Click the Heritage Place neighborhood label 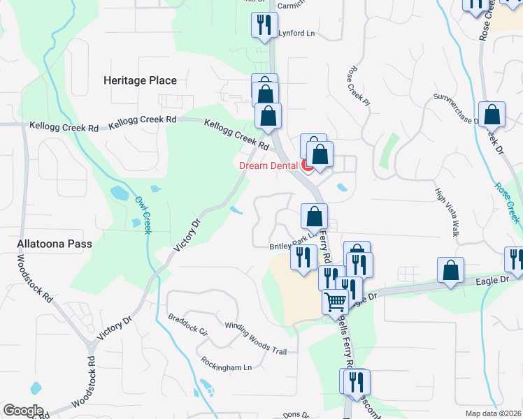coord(140,80)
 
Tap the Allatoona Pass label coord(55,245)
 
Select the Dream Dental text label coord(268,166)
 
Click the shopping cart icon coord(336,302)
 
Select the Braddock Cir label coord(188,326)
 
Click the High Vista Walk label coord(446,212)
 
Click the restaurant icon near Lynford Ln coord(265,26)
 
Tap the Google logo coord(23,411)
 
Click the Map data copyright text coord(494,413)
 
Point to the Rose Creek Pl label coord(357,86)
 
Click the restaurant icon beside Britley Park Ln coord(303,258)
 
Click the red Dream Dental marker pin coord(306,166)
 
